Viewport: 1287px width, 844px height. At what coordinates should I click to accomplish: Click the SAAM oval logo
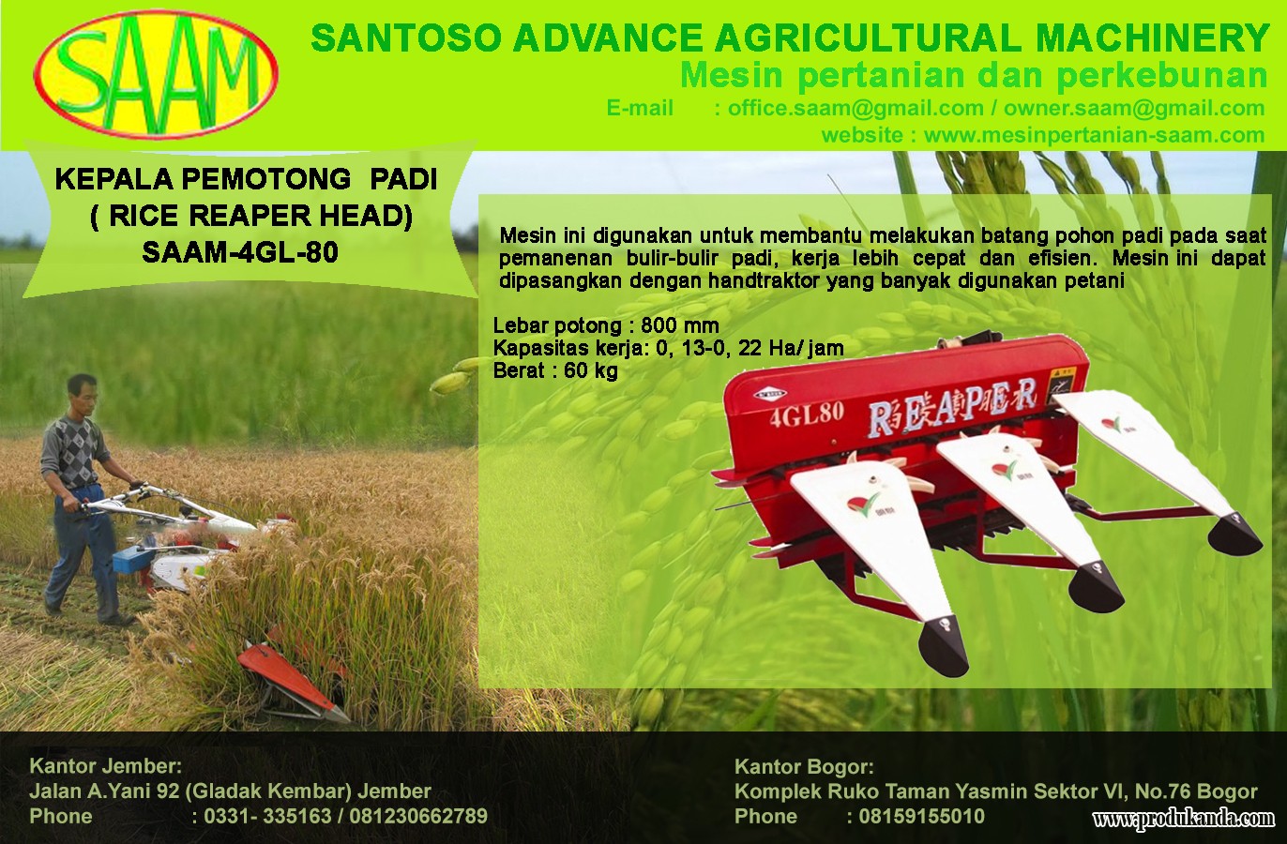point(157,74)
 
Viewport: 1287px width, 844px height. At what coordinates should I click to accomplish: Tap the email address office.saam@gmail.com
point(855,108)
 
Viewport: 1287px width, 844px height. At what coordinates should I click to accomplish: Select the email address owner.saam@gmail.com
point(1134,108)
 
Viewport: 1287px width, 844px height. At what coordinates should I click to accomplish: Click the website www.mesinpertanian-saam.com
point(1095,135)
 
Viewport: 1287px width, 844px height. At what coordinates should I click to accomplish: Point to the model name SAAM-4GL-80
point(240,252)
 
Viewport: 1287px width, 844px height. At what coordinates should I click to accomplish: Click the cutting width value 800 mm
point(680,325)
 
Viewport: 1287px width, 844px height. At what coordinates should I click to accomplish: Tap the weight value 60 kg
point(591,370)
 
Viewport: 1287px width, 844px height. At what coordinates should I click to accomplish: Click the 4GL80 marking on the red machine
point(807,414)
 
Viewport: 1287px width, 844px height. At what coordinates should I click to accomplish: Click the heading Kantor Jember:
point(106,766)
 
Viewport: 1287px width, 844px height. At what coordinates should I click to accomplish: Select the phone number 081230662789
point(418,817)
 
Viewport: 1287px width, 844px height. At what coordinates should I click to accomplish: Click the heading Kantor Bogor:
point(805,767)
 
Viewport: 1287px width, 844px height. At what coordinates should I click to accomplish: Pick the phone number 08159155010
point(921,817)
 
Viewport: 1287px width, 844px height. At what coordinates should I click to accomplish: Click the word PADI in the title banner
point(403,180)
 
